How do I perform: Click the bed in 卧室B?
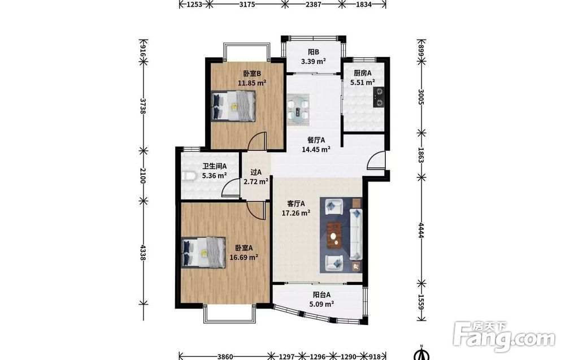(233, 106)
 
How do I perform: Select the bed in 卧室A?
(203, 252)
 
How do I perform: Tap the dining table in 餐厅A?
(298, 110)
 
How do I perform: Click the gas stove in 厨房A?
(379, 97)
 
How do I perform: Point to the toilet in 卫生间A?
(188, 176)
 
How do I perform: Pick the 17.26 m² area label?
(296, 213)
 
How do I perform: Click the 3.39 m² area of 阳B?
(314, 61)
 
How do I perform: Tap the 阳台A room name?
(321, 295)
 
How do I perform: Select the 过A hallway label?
(256, 172)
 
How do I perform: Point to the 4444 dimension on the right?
(421, 230)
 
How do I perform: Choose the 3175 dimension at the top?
(247, 5)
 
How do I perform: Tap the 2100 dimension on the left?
(143, 176)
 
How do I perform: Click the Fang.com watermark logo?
(504, 337)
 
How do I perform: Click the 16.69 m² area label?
(244, 257)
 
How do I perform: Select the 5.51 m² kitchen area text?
(363, 82)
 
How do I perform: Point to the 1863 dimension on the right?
(421, 155)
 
